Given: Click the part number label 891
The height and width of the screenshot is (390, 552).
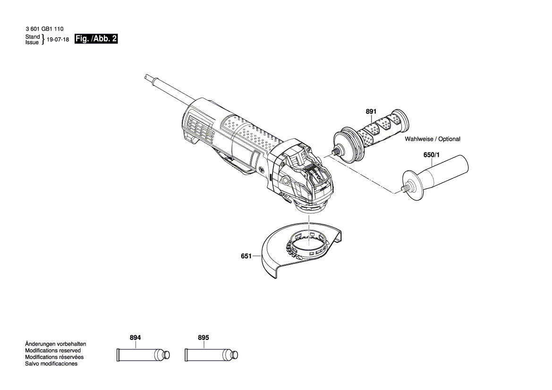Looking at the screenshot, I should (371, 111).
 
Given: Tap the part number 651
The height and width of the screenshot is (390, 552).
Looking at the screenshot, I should (246, 256).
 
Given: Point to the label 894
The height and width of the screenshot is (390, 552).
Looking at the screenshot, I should (135, 338).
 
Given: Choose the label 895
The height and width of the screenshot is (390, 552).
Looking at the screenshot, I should (203, 338).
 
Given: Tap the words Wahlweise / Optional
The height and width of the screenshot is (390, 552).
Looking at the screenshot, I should (432, 139).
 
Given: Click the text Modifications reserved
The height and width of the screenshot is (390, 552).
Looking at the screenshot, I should (52, 351).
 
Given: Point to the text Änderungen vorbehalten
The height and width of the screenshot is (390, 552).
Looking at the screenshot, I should (55, 344).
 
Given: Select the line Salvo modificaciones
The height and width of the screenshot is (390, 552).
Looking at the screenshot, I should (51, 364).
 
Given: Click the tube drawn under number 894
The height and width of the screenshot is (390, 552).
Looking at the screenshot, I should (142, 355).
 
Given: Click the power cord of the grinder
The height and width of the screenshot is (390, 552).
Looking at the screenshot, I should (170, 90).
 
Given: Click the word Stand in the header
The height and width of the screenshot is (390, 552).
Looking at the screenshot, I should (32, 36).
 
